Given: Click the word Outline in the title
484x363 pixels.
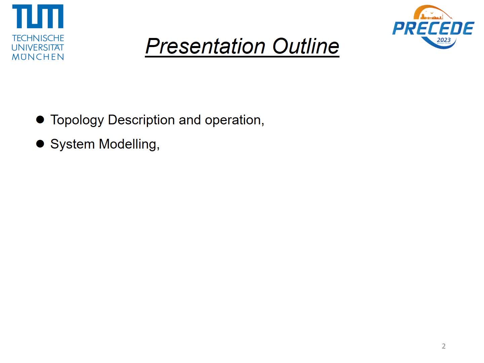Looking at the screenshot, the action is click(x=306, y=46).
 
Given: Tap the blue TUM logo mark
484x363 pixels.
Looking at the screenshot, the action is click(x=38, y=16).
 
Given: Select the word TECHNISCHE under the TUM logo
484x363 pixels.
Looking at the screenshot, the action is click(x=38, y=38).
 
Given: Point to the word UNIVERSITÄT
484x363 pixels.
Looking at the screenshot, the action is click(x=38, y=47).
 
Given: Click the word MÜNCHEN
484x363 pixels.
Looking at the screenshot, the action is click(x=38, y=57).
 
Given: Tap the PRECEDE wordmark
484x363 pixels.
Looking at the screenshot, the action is click(x=433, y=28).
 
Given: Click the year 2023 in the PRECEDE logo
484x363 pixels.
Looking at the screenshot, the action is click(x=443, y=40).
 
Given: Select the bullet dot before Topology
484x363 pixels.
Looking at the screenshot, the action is click(x=40, y=120).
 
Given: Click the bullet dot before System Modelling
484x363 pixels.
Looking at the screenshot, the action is click(x=40, y=144).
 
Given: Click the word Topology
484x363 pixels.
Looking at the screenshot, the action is click(x=77, y=120).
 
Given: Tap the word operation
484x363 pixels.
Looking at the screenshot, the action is click(x=233, y=120).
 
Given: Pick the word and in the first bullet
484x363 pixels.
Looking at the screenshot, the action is click(x=190, y=120).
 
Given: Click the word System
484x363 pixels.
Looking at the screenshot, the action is click(x=73, y=145).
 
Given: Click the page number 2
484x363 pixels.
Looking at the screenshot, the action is click(x=444, y=346).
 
